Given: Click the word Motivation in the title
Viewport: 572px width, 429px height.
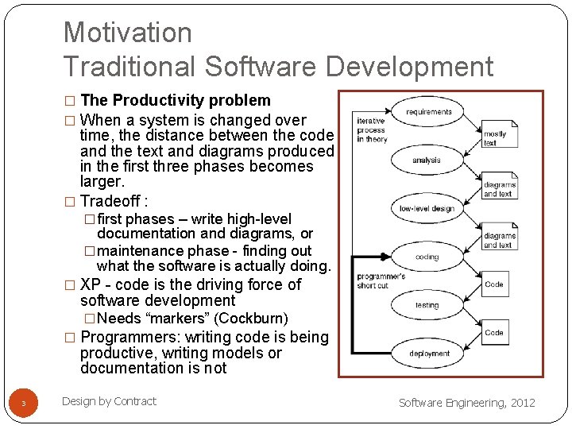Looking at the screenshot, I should [127, 32].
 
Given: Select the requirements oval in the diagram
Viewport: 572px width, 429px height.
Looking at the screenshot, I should [428, 112].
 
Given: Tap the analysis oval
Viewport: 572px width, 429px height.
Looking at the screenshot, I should [426, 160].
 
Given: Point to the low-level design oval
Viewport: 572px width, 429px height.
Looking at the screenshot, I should [427, 209].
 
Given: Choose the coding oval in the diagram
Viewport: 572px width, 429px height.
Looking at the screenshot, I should [427, 257].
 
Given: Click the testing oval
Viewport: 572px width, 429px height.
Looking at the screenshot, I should [427, 305].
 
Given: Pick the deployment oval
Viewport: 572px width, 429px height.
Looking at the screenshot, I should [429, 354].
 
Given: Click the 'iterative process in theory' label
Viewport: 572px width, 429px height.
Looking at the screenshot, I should [371, 130].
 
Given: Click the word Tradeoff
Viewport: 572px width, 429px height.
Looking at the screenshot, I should [110, 200].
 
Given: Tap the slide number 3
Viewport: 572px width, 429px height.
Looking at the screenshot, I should [23, 404].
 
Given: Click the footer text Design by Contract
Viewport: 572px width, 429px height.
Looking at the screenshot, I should [109, 401].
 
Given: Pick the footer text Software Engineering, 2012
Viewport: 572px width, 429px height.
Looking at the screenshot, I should [466, 403].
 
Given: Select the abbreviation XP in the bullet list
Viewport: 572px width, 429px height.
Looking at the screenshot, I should [91, 284].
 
